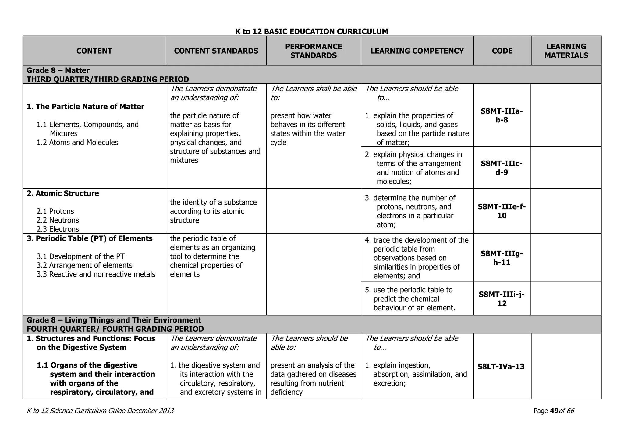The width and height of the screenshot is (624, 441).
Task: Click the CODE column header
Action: [x=502, y=51]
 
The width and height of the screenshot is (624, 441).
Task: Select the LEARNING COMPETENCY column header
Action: [x=417, y=51]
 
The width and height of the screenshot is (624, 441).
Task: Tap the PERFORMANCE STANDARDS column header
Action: [x=314, y=51]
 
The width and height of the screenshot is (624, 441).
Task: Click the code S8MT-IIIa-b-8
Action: [x=502, y=115]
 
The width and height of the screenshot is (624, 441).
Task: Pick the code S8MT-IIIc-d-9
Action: [x=502, y=168]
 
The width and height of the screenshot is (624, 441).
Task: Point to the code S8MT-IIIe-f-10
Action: [x=502, y=211]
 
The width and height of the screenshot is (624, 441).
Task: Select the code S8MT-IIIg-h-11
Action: [x=502, y=258]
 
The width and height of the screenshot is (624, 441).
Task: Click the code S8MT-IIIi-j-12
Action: [x=502, y=298]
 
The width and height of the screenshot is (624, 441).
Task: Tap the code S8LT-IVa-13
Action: [x=501, y=366]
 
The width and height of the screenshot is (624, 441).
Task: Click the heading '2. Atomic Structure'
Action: [x=63, y=193]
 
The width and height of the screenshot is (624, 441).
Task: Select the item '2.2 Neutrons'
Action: [x=58, y=220]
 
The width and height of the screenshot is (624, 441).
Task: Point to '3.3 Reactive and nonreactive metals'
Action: [x=96, y=274]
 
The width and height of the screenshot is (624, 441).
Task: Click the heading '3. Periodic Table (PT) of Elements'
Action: [x=90, y=238]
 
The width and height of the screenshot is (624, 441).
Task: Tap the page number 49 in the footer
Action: [x=554, y=411]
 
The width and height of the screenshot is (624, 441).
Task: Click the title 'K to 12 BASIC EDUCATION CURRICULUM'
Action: [x=312, y=31]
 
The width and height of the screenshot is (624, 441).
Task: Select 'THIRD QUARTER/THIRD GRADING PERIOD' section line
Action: [x=108, y=79]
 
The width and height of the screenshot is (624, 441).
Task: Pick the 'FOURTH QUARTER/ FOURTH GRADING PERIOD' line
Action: [x=115, y=329]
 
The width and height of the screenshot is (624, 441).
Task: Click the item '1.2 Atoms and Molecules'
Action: [x=77, y=142]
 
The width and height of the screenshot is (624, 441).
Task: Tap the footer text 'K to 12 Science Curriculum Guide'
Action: [x=76, y=411]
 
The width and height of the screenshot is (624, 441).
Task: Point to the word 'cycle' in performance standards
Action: [x=278, y=142]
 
